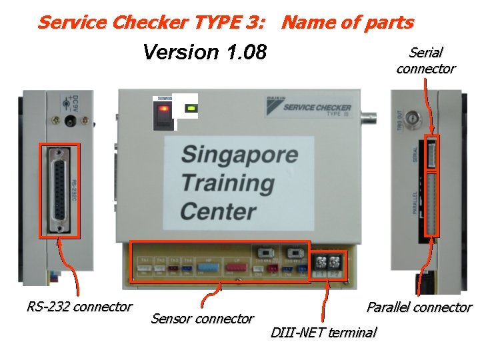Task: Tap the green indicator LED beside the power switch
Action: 191,107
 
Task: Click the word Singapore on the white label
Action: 239,155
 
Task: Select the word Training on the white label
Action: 227,183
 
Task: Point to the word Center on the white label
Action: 218,211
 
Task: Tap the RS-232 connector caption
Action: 79,307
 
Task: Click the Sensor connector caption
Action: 202,319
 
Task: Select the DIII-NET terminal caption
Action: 323,332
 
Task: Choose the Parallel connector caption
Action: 419,307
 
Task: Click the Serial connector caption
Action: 425,61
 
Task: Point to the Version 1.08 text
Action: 205,52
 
